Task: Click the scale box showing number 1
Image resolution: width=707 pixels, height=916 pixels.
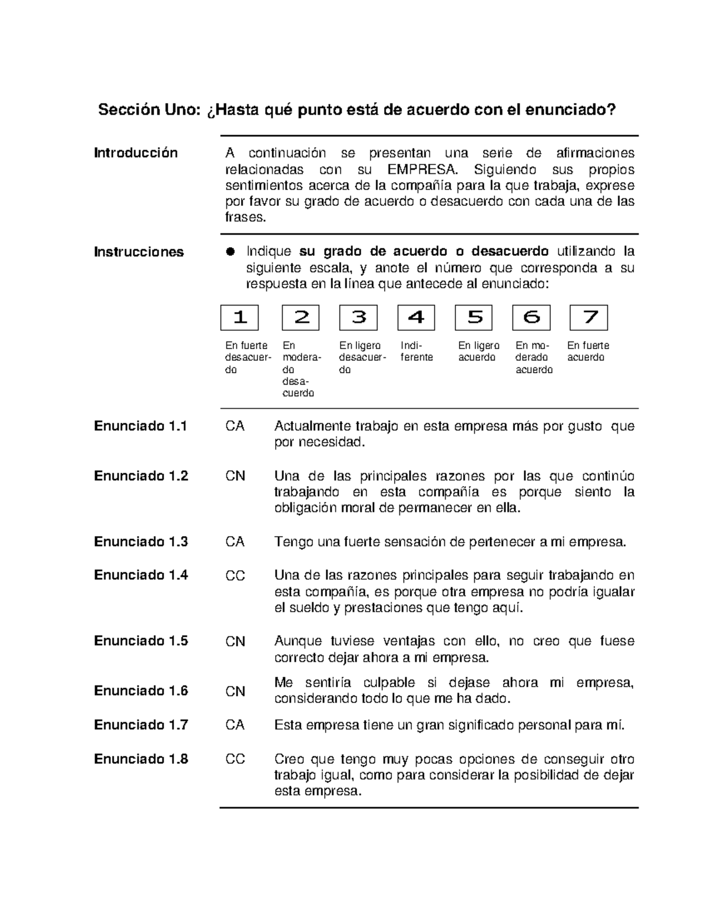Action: [x=239, y=318]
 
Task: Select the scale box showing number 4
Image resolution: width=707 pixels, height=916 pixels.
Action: [x=416, y=318]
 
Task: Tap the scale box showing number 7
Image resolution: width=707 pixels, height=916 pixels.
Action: [x=589, y=318]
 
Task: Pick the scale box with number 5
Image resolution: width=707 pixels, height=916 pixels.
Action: [x=474, y=318]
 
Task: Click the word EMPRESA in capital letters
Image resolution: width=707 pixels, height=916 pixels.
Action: [x=422, y=170]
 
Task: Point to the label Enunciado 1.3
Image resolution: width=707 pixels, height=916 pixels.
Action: [x=141, y=541]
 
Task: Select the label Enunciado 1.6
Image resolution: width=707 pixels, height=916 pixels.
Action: [x=141, y=691]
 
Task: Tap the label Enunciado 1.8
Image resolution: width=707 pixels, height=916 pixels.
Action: [x=141, y=759]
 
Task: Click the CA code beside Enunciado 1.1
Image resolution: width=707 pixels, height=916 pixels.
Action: [x=235, y=426]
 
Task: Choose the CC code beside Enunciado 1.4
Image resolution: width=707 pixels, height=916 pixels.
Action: [x=235, y=576]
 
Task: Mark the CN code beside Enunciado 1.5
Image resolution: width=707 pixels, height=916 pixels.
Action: [x=235, y=641]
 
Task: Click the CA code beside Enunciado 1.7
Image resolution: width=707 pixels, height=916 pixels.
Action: [x=235, y=725]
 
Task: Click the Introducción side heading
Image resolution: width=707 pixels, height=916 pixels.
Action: [x=136, y=153]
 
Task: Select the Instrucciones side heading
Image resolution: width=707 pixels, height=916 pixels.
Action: [x=139, y=252]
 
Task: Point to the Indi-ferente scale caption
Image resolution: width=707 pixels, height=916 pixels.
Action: [x=417, y=352]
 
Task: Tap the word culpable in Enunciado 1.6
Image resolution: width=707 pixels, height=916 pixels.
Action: [x=389, y=683]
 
